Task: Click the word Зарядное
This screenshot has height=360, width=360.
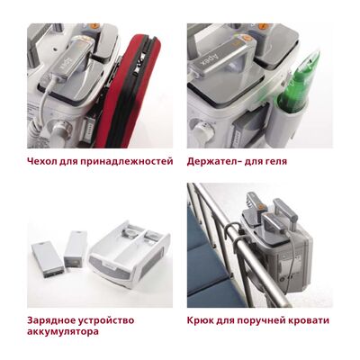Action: (x=50, y=320)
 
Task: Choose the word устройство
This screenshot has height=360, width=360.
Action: (x=106, y=321)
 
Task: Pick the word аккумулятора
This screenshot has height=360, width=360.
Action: (x=62, y=332)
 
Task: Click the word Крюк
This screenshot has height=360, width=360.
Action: (x=200, y=320)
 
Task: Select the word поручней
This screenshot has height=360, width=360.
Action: (x=256, y=321)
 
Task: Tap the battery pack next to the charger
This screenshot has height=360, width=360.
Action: (x=75, y=249)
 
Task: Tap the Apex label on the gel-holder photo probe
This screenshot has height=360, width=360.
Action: (x=211, y=57)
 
